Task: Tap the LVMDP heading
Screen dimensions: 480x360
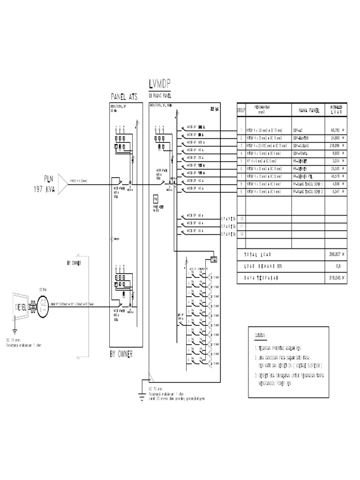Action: pos(159,84)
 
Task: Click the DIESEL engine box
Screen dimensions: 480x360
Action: pos(22,307)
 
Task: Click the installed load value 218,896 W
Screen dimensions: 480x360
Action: pos(337,145)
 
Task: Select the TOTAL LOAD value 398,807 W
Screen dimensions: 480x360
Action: pos(337,254)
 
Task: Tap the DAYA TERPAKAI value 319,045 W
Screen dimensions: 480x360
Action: pos(337,277)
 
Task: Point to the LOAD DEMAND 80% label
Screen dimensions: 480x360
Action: pos(262,266)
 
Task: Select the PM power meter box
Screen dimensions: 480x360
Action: pos(155,199)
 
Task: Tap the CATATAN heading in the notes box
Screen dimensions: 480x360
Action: pos(259,336)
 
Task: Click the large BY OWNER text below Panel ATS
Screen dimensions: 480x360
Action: pos(121,355)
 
